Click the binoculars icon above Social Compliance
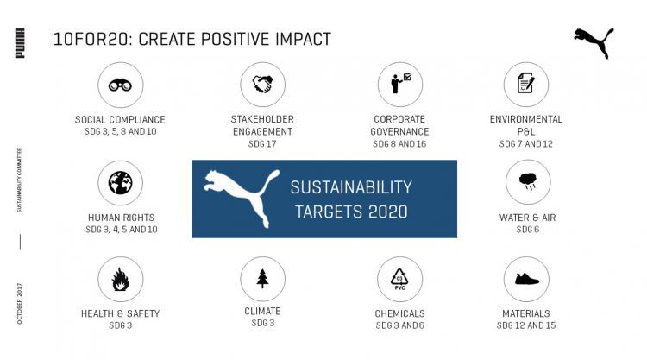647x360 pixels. point(120,85)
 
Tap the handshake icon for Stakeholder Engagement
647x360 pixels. point(262,85)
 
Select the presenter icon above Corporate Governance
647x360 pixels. point(400,83)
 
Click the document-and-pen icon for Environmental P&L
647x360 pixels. point(525,84)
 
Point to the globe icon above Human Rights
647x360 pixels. point(121,182)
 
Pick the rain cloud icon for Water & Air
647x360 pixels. point(528,181)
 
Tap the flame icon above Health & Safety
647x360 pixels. point(120,279)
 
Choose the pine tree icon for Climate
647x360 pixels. point(262,278)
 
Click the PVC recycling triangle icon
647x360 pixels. point(399,279)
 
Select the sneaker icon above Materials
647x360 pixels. point(526,279)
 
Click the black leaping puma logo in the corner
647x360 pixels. point(594,43)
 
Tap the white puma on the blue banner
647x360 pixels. point(242,199)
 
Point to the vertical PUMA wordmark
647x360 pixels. point(20,43)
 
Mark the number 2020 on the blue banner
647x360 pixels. point(387,212)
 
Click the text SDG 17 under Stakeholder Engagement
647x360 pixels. point(262,144)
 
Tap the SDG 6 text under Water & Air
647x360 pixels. point(527,230)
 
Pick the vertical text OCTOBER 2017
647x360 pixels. point(19,303)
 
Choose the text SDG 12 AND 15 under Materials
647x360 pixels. point(526,325)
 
